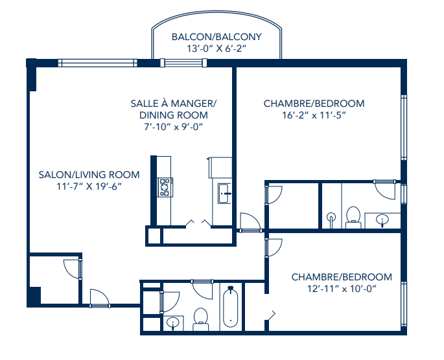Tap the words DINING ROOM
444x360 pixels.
click(x=173, y=115)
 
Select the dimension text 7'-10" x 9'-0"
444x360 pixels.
click(x=173, y=127)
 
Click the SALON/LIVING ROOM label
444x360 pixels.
click(x=89, y=174)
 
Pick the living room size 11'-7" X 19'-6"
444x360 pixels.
click(x=89, y=186)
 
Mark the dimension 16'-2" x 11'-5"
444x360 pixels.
click(x=314, y=115)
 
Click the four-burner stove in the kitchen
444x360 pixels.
click(x=165, y=187)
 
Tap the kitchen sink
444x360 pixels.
click(x=224, y=193)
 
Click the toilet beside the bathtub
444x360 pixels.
click(x=201, y=316)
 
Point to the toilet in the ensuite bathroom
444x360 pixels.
click(x=353, y=216)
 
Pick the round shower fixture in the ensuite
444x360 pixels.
click(x=331, y=218)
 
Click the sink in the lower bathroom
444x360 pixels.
click(x=173, y=322)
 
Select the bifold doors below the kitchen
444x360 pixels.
click(x=198, y=223)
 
